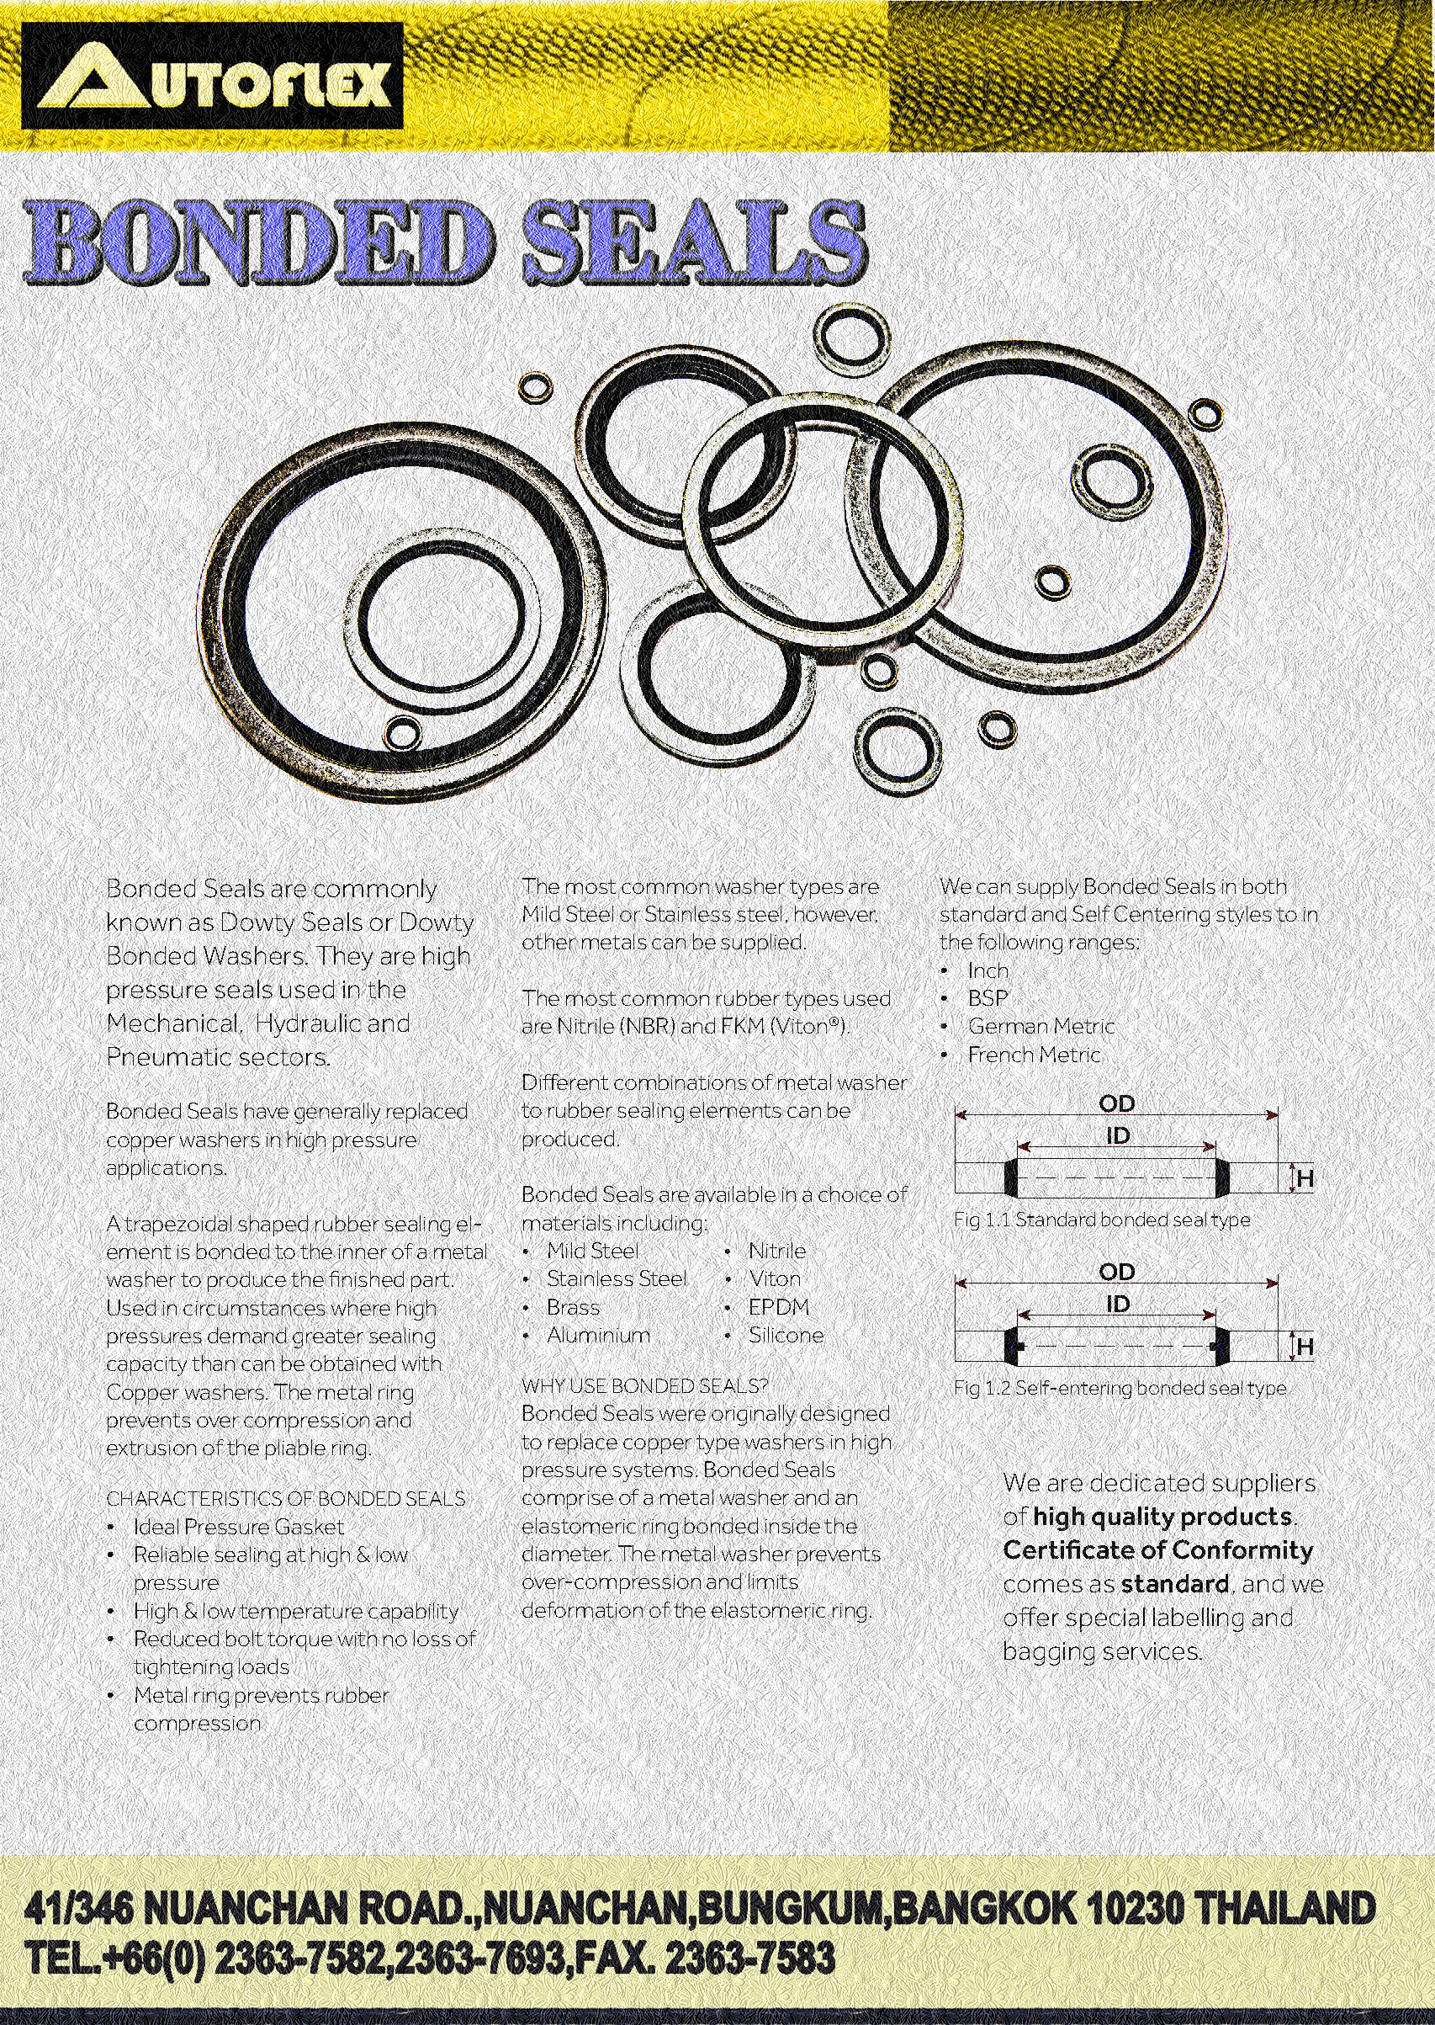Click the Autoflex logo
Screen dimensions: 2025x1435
coord(212,76)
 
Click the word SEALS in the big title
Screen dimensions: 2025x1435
coord(693,242)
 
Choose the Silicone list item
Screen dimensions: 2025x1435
coord(786,1335)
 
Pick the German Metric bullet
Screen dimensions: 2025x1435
coord(1041,1026)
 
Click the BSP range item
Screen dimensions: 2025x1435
coord(987,998)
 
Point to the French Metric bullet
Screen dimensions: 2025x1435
coord(1034,1055)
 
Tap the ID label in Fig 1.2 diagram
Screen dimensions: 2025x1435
coord(1118,1304)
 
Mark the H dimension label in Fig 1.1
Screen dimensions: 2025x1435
coord(1305,1178)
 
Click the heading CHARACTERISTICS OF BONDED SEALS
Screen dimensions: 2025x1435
coord(285,1498)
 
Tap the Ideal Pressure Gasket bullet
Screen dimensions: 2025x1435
coord(239,1527)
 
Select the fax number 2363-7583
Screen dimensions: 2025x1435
coord(749,1958)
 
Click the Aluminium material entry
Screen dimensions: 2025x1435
coord(598,1335)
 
